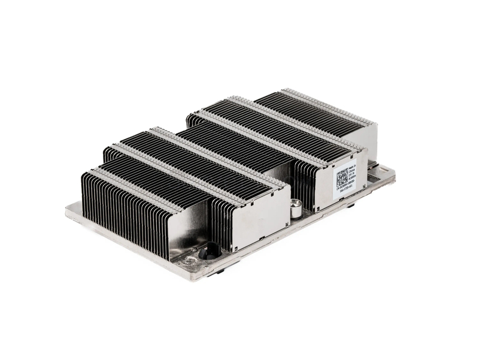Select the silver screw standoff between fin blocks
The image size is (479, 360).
pyautogui.click(x=295, y=210)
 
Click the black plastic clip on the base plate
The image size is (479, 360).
pyautogui.click(x=210, y=250)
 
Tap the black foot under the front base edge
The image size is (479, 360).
pyautogui.click(x=220, y=271)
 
